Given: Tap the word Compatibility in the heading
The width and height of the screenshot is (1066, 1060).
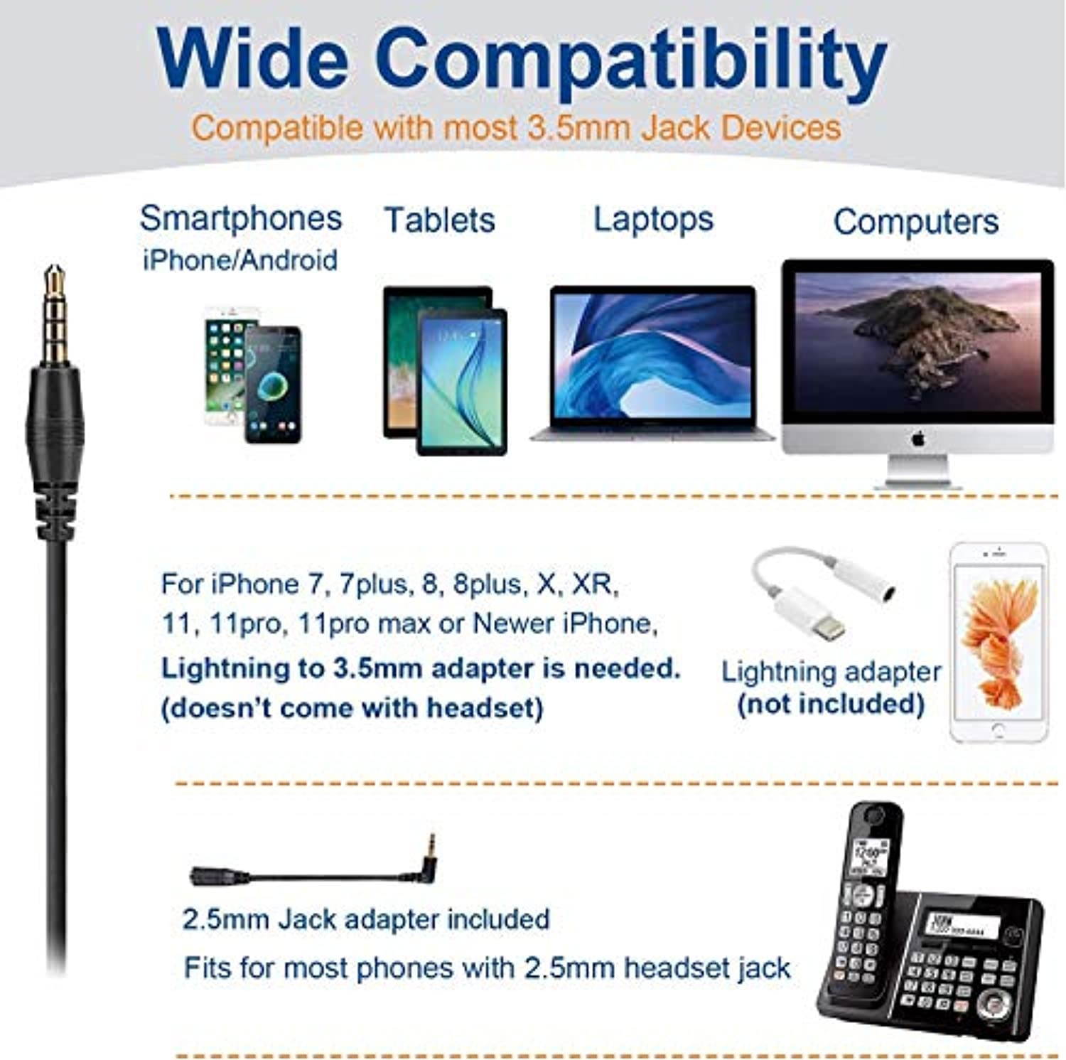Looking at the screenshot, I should pos(635,63).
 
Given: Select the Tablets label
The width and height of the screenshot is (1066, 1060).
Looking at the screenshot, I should pos(439,220).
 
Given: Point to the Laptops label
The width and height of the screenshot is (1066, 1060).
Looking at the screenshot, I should pos(653,219).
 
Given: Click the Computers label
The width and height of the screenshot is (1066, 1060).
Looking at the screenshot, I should pos(915,222).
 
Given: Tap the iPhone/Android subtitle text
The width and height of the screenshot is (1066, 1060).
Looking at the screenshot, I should pos(240,260).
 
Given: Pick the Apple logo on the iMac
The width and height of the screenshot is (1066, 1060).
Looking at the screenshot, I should pos(917,439).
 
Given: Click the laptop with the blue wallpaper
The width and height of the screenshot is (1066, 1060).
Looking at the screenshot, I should pos(652,363).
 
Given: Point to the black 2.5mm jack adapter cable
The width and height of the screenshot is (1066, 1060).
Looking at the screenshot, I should pos(313,872).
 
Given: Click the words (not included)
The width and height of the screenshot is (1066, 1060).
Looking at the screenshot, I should pos(831,704).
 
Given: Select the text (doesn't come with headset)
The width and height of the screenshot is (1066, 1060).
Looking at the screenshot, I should pos(352,708).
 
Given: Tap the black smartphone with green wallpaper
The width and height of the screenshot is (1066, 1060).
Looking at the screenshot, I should pos(273,384).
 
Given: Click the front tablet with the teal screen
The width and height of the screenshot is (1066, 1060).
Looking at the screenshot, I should pos(463,382).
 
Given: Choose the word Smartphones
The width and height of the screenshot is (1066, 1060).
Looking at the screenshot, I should pos(240,218).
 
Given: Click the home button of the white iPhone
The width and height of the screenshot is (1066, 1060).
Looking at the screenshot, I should pos(998,729).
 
